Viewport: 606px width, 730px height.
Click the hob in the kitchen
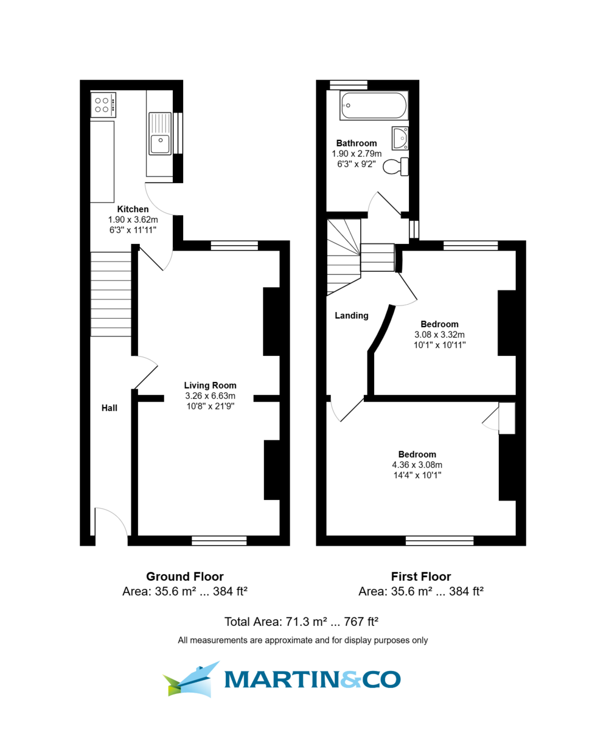tap(103, 105)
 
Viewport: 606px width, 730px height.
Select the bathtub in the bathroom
tap(373, 105)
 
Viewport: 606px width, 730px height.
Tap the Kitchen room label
tap(133, 209)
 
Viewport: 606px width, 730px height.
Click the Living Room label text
tap(210, 385)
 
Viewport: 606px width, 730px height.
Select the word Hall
tap(109, 408)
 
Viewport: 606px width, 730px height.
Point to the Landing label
tap(352, 316)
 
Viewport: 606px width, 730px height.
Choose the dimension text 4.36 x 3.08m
tap(417, 465)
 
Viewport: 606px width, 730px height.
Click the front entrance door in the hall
tap(111, 522)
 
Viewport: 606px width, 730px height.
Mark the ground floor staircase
tap(111, 294)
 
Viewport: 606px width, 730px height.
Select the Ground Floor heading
tap(184, 576)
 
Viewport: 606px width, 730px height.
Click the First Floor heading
tap(420, 576)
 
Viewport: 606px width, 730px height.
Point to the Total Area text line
tap(302, 621)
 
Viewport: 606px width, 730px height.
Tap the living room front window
tap(219, 540)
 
